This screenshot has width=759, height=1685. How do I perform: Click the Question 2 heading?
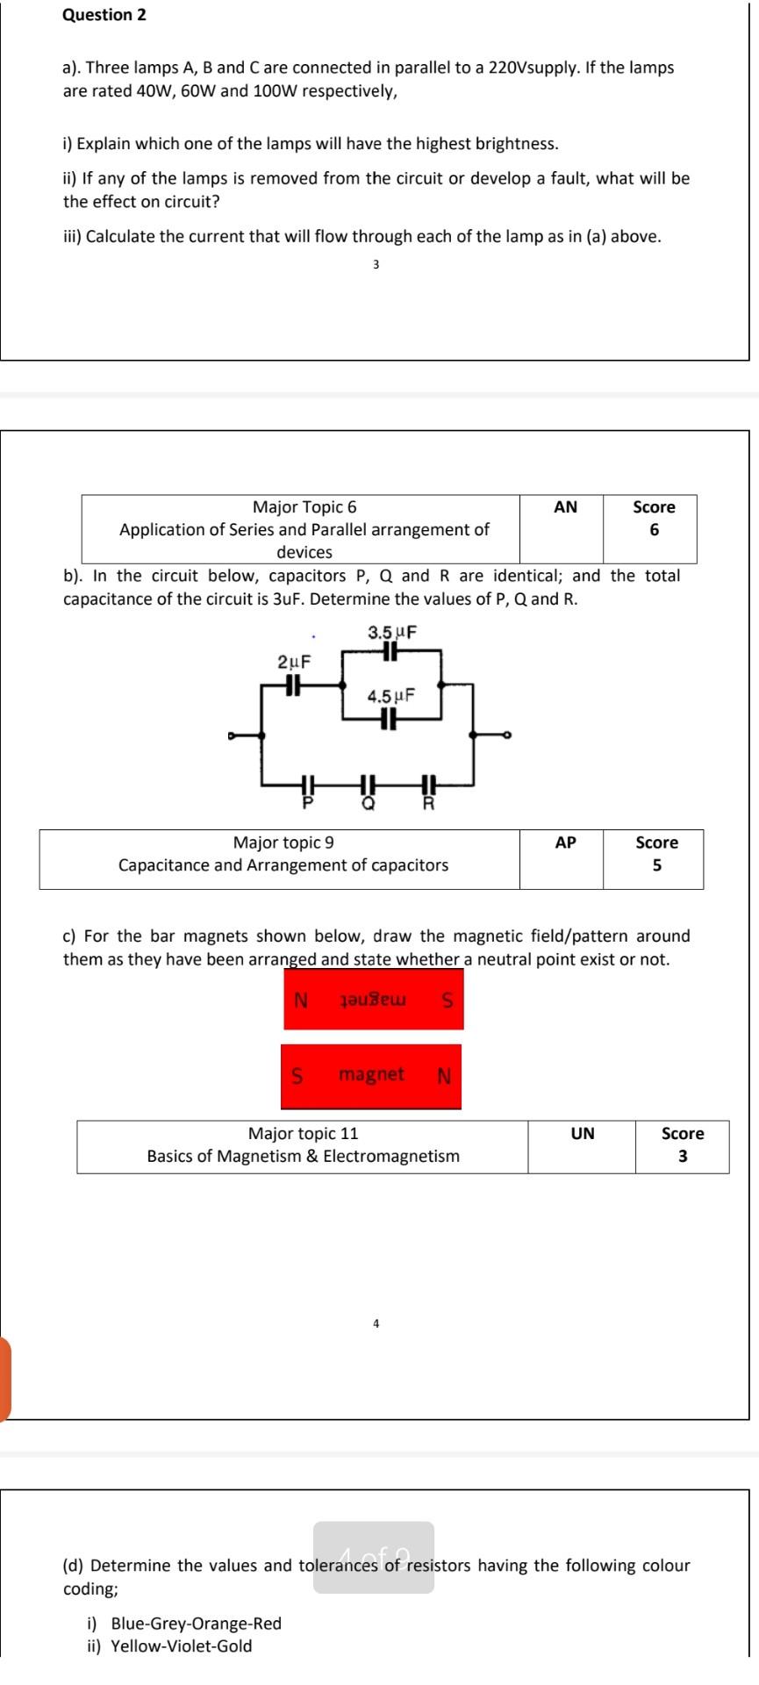104,15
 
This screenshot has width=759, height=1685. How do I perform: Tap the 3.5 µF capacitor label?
391,632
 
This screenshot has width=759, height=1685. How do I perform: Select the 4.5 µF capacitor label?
390,696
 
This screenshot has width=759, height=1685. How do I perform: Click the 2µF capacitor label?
294,662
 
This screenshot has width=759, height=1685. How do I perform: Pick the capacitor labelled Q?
369,784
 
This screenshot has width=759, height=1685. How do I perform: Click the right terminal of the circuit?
506,735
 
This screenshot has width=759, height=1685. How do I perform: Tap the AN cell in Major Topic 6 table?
566,507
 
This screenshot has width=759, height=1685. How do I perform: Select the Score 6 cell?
654,519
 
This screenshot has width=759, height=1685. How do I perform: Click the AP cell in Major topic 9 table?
566,842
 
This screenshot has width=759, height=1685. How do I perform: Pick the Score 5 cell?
656,854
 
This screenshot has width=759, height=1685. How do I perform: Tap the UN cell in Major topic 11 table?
583,1134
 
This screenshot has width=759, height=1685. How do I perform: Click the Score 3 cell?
683,1144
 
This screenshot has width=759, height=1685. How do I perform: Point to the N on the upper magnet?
301,1000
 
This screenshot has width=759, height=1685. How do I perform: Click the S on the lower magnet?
297,1075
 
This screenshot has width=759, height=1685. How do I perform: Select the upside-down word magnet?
372,1000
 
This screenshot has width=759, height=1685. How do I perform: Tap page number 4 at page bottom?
376,1323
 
